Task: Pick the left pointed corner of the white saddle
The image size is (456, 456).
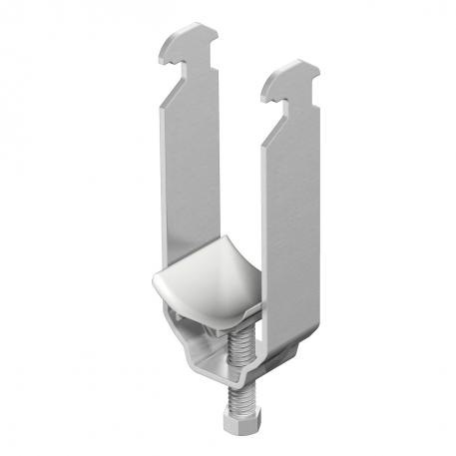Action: point(156,300)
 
